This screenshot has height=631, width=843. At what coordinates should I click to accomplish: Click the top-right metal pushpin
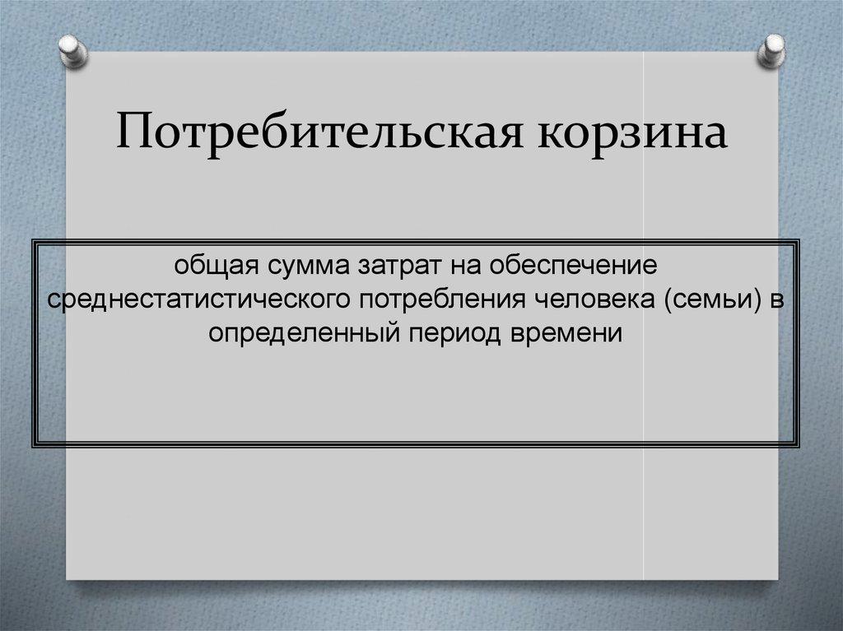pyautogui.click(x=771, y=49)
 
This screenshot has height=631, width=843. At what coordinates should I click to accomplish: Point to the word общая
pyautogui.click(x=208, y=267)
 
